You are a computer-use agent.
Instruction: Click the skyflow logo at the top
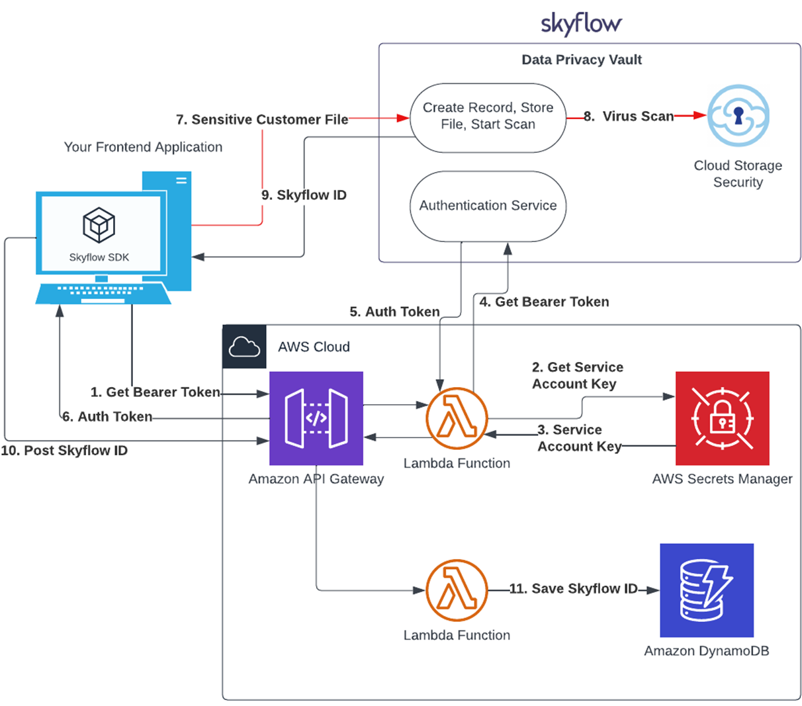581,24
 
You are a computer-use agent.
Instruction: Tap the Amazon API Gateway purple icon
316,418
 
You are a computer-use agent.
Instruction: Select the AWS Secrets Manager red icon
722,418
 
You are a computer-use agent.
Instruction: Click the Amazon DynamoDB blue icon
707,590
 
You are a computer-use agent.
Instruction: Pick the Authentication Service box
488,206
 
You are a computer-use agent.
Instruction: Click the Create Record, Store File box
488,116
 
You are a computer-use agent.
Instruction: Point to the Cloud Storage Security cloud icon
738,116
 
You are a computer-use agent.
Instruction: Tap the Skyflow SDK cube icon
99,225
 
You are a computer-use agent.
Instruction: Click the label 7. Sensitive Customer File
262,120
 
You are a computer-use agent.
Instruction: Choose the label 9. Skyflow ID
304,195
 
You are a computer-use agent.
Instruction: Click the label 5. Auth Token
394,312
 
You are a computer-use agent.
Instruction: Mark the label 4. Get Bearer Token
544,302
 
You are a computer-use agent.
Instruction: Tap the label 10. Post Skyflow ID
64,451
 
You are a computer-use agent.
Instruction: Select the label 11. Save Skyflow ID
573,589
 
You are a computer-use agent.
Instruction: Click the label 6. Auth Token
107,417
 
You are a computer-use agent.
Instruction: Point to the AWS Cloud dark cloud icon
244,347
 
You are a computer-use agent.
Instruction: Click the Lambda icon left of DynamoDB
457,590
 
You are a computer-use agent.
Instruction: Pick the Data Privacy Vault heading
581,60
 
